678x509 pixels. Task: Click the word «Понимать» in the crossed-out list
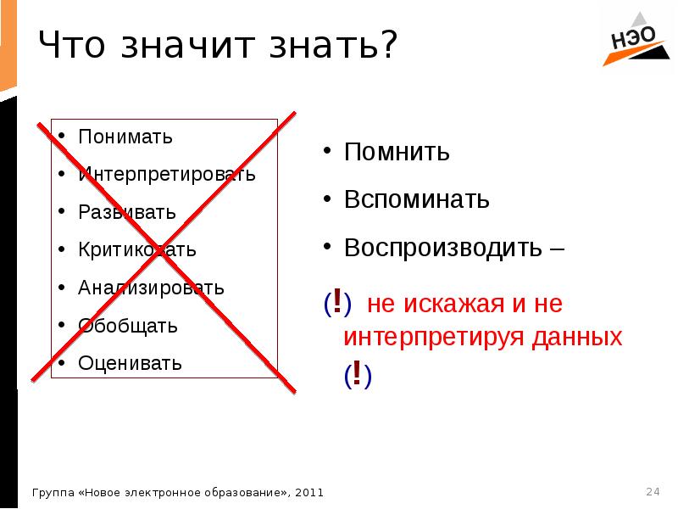pos(125,137)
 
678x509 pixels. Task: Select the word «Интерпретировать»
pos(166,175)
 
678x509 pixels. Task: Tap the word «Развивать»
pos(127,212)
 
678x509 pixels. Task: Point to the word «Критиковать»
pos(137,250)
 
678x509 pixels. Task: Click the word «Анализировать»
pos(151,288)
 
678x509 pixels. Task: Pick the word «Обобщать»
pos(128,326)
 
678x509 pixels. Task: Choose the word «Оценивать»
pos(130,364)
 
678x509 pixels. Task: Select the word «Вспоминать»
pos(417,200)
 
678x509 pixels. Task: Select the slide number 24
pos(653,491)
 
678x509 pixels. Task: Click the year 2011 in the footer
pos(309,492)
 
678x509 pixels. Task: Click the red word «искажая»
pos(453,304)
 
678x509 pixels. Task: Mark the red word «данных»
pos(576,337)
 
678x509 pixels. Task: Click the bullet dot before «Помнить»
pos(326,154)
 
